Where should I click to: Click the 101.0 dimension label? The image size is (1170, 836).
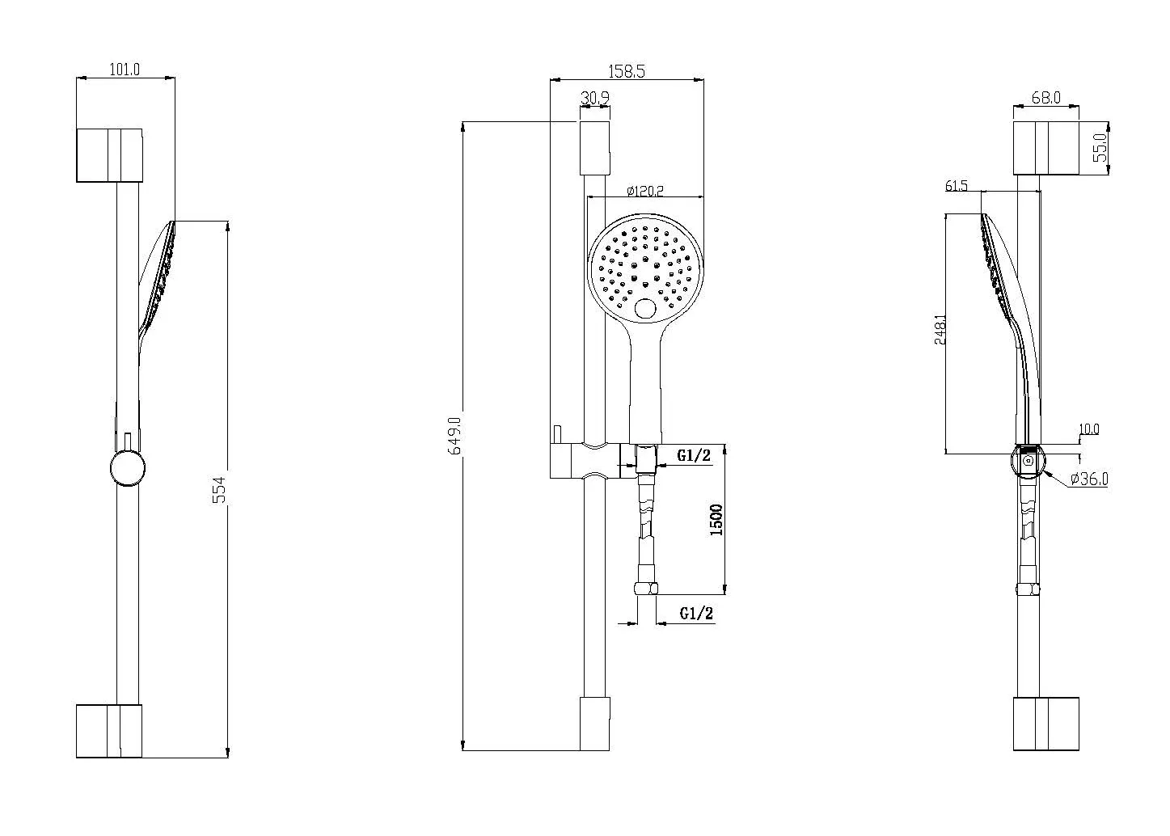tap(125, 70)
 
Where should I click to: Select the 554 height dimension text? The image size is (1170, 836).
tap(220, 489)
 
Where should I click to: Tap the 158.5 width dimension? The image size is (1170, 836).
tap(627, 71)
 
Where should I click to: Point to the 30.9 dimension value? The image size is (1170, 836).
tap(595, 98)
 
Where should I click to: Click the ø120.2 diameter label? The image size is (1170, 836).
tap(645, 191)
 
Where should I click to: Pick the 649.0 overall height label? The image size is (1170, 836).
tap(455, 436)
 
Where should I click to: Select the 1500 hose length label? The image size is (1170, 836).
tap(716, 520)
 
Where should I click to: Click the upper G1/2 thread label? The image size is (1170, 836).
tap(694, 455)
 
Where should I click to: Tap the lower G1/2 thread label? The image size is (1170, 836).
tap(696, 613)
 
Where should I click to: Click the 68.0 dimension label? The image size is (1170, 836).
tap(1046, 98)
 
